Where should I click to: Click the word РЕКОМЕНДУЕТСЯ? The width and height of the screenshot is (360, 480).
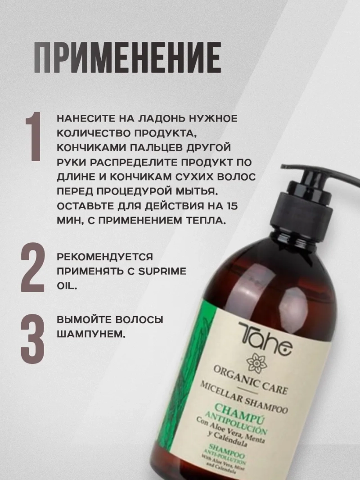pyautogui.click(x=105, y=257)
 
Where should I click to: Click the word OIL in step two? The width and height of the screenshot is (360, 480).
pyautogui.click(x=66, y=286)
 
